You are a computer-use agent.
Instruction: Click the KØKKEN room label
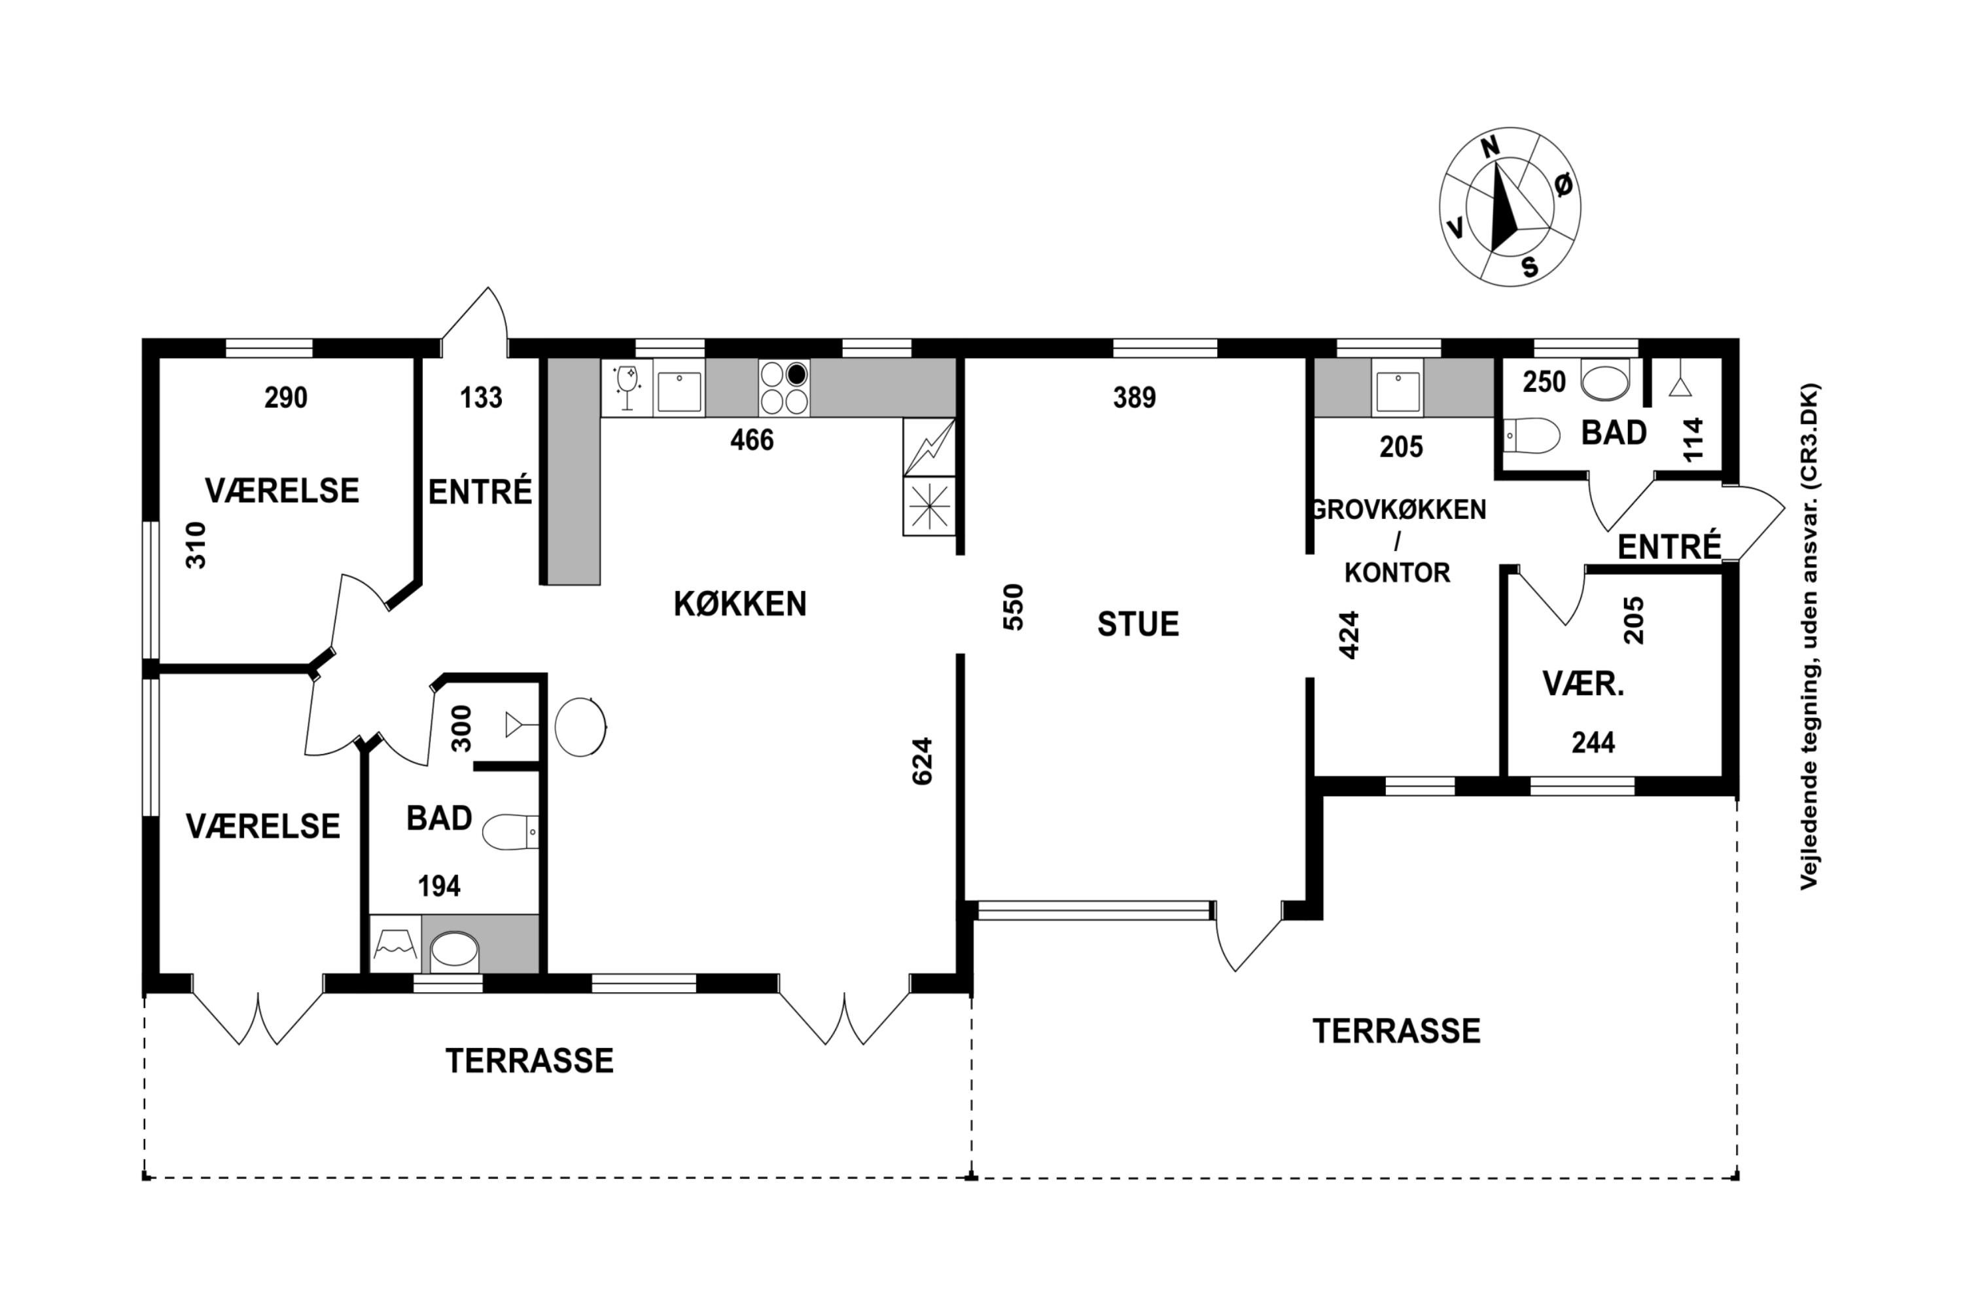click(x=739, y=603)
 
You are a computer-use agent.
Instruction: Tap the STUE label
click(x=1138, y=624)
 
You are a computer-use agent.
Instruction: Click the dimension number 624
click(x=921, y=761)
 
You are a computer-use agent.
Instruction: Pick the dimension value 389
click(x=1134, y=397)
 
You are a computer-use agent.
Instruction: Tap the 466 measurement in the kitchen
click(x=751, y=440)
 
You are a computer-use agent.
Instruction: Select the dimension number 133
click(x=481, y=397)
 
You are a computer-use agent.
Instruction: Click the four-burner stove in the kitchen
click(x=785, y=387)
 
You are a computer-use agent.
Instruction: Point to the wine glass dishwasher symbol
click(x=627, y=387)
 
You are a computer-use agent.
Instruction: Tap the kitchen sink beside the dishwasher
click(x=679, y=388)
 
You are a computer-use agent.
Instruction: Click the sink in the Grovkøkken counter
click(x=1398, y=388)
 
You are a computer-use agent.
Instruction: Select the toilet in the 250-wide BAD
click(x=1532, y=435)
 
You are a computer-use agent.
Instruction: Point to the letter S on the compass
click(x=1530, y=267)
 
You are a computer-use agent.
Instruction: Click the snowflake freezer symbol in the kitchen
click(x=929, y=506)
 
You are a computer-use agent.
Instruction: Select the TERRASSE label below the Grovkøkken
click(x=1396, y=1031)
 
